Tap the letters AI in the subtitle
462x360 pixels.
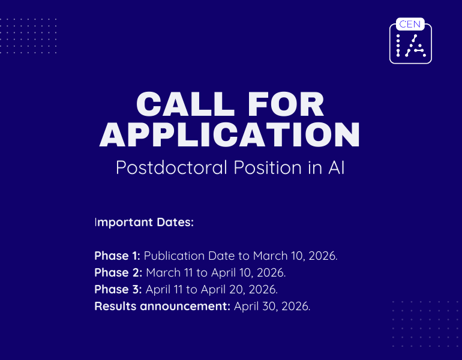point(336,167)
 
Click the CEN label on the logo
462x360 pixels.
point(410,25)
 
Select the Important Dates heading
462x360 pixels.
point(144,223)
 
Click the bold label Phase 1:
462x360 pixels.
point(117,256)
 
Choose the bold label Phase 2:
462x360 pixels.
point(118,272)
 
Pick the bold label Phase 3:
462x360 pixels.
point(118,289)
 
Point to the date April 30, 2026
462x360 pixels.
point(272,306)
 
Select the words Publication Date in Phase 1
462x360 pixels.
point(184,256)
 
